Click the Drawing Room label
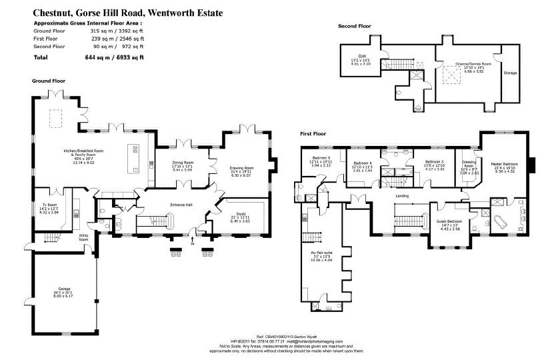(x=242, y=167)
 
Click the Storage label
(x=510, y=73)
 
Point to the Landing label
(x=401, y=195)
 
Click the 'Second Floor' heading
(x=354, y=26)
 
